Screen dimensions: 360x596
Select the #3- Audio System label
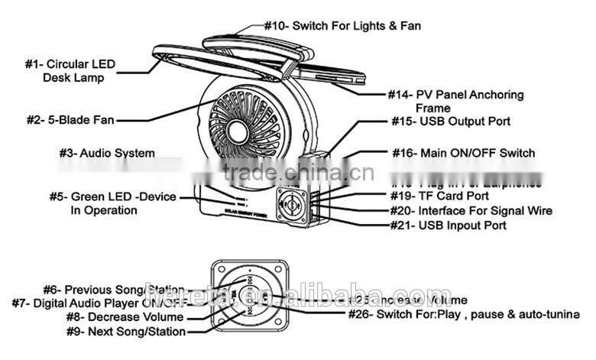[106, 153]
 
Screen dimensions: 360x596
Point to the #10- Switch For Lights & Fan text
[342, 25]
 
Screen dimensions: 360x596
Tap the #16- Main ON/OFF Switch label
[463, 153]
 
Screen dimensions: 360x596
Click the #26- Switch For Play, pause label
[459, 315]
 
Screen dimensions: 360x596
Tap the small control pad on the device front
[293, 206]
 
